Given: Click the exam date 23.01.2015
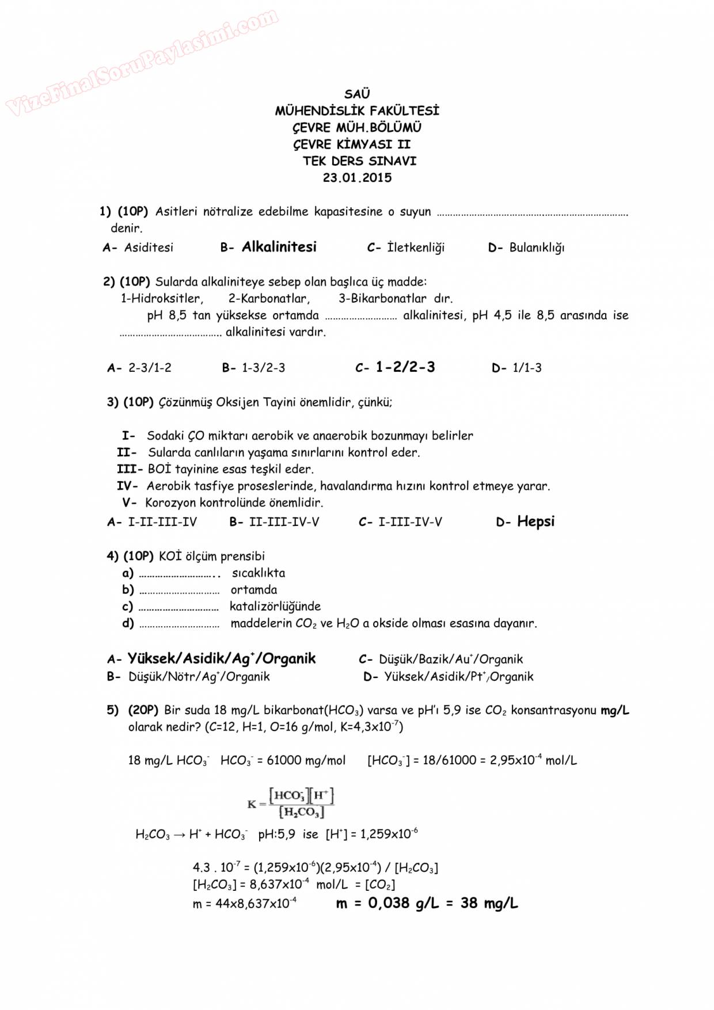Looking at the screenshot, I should pos(357,178).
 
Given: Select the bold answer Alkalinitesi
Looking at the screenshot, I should pos(279,247).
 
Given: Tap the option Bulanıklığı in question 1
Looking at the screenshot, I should pos(537,248).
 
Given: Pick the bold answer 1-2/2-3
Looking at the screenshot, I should pos(405,367).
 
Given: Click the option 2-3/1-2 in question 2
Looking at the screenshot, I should pos(150,368).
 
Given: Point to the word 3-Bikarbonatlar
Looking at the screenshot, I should pos(382,298).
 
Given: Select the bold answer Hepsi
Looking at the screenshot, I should pos(535,521).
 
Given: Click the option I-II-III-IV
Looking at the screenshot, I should pos(162,522).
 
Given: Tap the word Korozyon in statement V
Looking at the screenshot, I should pos(171,502).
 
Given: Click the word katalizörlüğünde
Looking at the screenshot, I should pos(275,606).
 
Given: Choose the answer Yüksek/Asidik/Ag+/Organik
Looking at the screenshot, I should pos(222,658).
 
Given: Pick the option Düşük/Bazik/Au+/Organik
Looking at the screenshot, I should pos(451,660).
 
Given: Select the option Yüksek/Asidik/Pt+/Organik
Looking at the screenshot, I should pos(459,676).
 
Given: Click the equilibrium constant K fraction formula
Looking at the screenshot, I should pos(291,803).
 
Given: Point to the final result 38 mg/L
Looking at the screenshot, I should pos(489,903).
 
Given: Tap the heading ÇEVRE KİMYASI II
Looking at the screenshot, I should pos(352,144).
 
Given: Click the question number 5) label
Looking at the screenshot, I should pos(113,710).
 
